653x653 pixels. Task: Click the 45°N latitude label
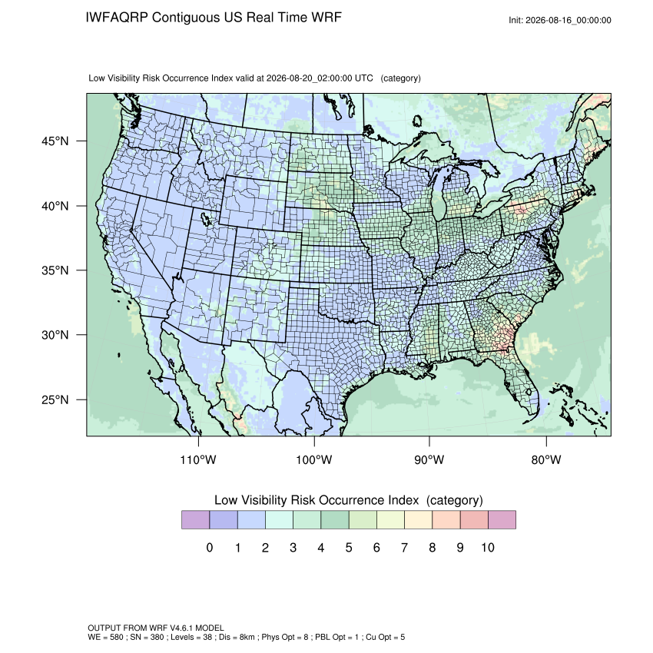coord(55,141)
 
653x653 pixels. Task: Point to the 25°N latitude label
coord(55,399)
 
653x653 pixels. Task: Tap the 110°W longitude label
coord(198,459)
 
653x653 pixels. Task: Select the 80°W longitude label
coord(546,459)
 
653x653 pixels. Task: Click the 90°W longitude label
coord(429,459)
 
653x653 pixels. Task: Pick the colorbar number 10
coord(488,547)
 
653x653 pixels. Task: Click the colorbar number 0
coord(210,547)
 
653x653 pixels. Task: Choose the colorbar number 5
coord(349,547)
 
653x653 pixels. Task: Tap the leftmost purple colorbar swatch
coord(195,520)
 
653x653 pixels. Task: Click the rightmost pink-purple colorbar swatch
coord(502,520)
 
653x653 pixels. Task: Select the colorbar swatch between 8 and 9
coord(446,520)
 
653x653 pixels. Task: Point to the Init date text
coord(560,20)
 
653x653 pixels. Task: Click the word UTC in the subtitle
coord(363,78)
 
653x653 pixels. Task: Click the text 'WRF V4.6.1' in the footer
coord(172,628)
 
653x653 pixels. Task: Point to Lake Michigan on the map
coord(439,194)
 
